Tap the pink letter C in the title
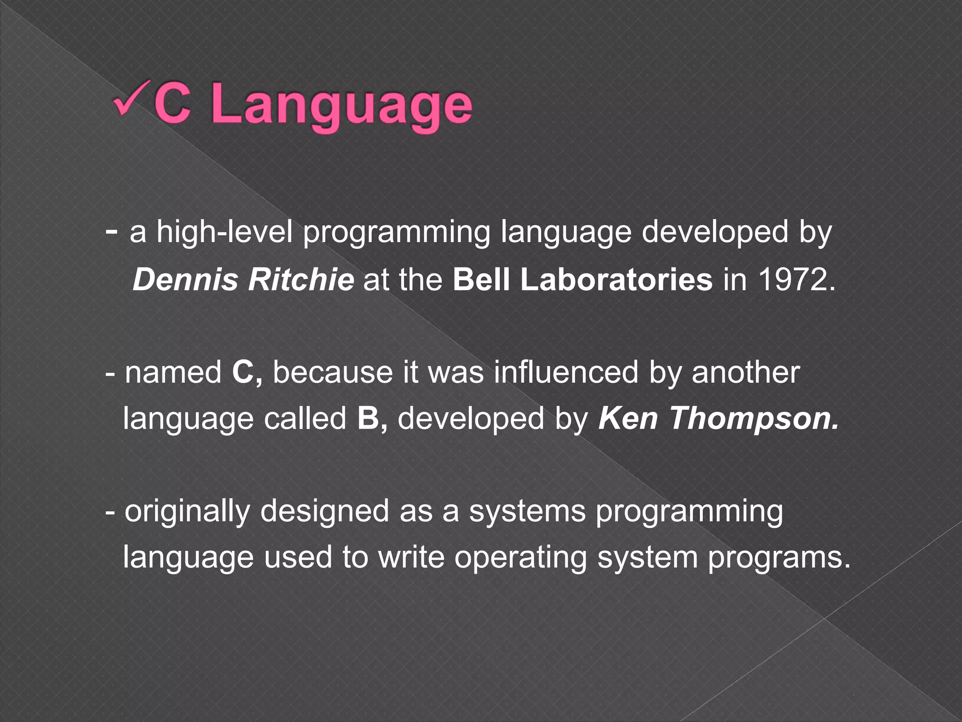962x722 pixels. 172,104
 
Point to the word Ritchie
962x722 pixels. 301,279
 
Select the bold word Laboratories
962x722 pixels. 616,279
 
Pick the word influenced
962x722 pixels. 566,372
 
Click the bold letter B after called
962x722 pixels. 369,418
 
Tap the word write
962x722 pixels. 411,557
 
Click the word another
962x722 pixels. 745,372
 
